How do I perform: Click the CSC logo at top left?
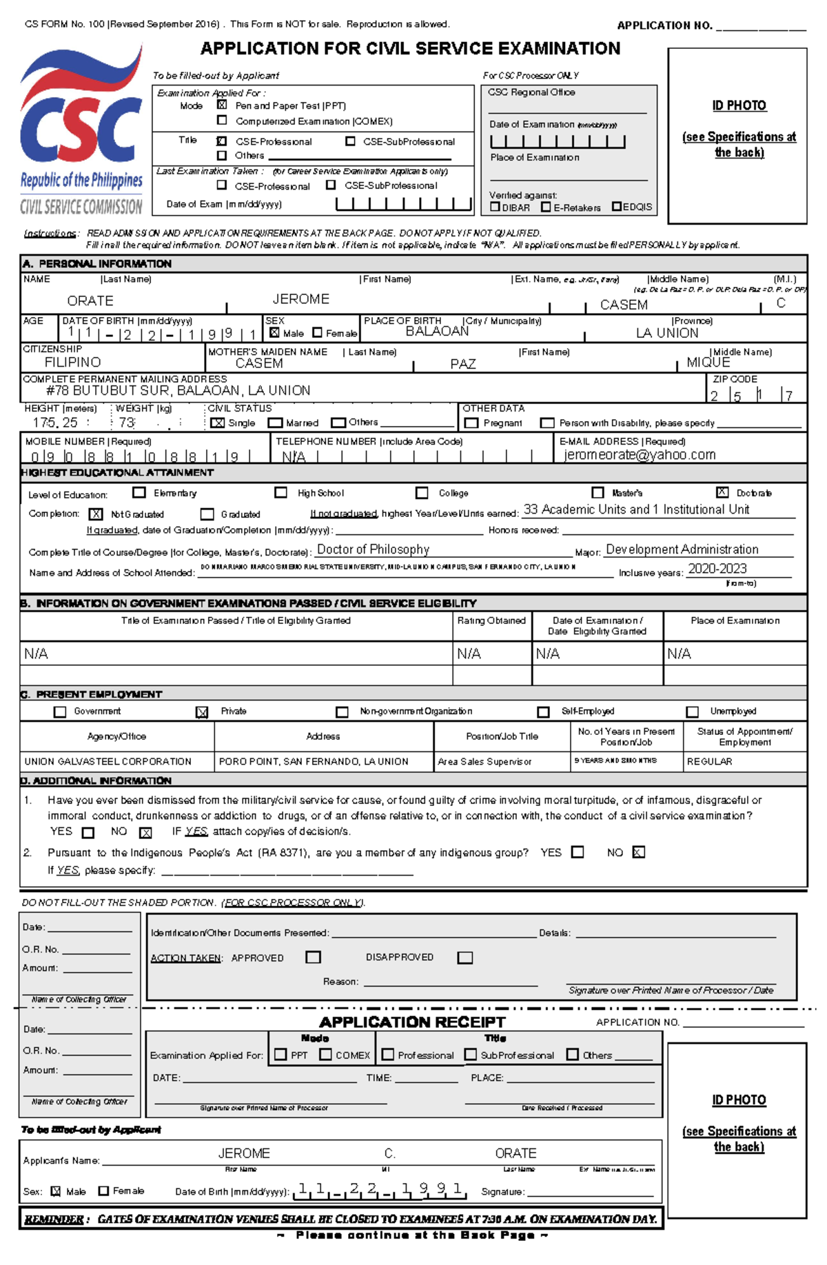tap(81, 131)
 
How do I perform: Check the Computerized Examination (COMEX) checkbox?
tap(222, 121)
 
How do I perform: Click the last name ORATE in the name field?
tap(90, 301)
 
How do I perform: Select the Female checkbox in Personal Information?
tap(318, 333)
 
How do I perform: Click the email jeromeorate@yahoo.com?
tap(640, 455)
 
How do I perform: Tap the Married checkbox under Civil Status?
tap(276, 423)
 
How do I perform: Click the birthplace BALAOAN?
tap(437, 332)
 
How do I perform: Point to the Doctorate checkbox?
tap(722, 492)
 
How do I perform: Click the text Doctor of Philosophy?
tap(373, 549)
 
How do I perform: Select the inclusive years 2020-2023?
tap(717, 569)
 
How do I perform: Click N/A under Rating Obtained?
tap(469, 654)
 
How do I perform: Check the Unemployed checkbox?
tap(693, 711)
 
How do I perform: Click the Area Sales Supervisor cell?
tap(484, 762)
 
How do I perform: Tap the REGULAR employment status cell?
tap(709, 762)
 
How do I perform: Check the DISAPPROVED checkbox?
tap(465, 958)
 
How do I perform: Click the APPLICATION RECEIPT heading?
tap(412, 1022)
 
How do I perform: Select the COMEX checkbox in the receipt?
tap(326, 1055)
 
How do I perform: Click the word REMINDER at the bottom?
tap(54, 1219)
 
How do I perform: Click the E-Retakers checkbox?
tap(547, 207)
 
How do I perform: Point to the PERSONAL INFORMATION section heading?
tap(105, 264)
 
